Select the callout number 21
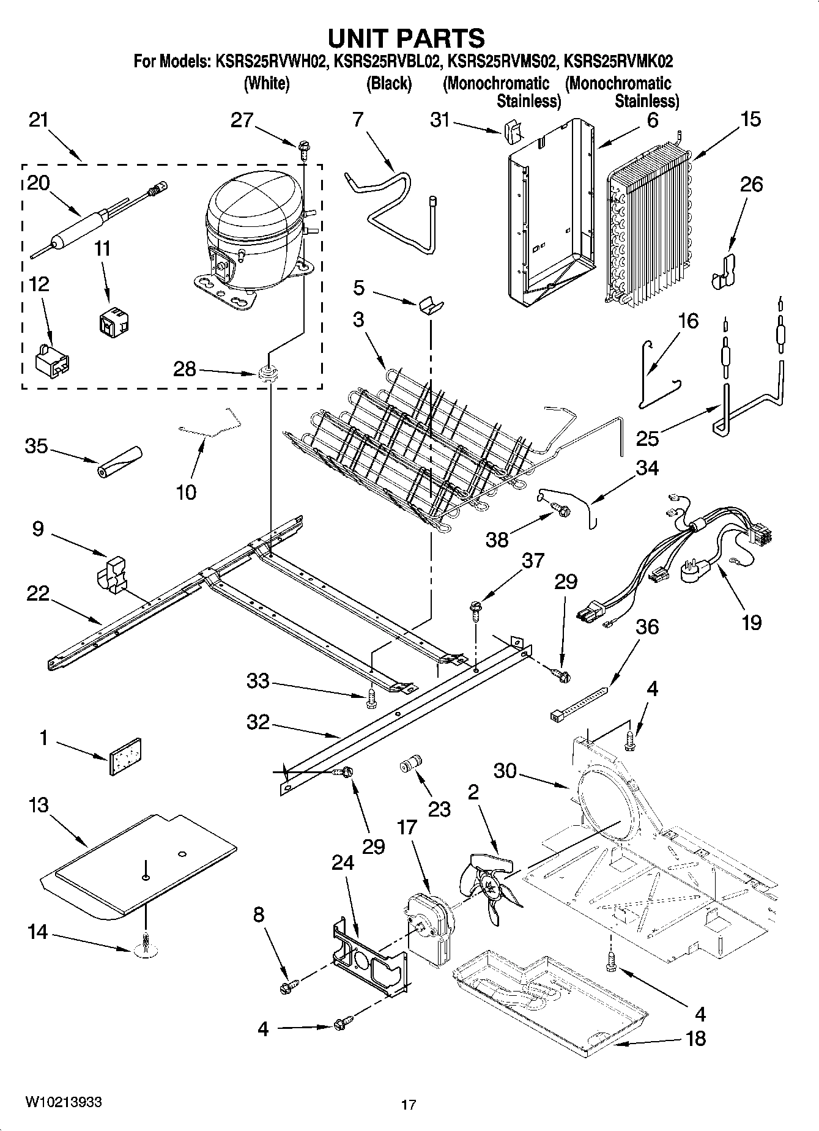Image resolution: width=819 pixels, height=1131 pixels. [38, 121]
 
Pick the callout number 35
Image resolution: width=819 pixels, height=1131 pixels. [36, 447]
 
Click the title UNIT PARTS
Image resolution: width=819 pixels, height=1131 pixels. [406, 38]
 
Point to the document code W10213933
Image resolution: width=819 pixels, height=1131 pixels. [63, 1102]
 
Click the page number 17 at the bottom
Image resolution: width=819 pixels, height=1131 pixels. [409, 1105]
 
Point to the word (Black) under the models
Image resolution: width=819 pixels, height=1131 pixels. [388, 84]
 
